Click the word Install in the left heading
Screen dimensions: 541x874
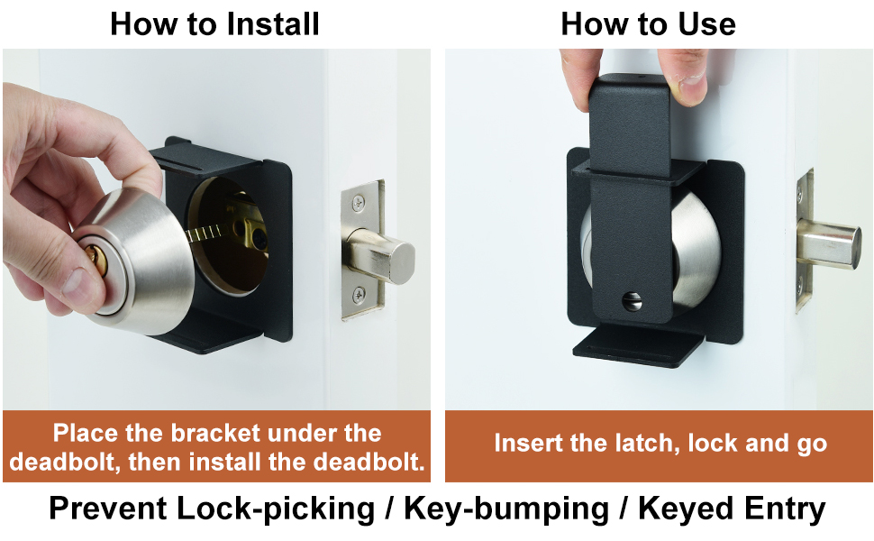269,23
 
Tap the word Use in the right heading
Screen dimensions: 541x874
706,23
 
